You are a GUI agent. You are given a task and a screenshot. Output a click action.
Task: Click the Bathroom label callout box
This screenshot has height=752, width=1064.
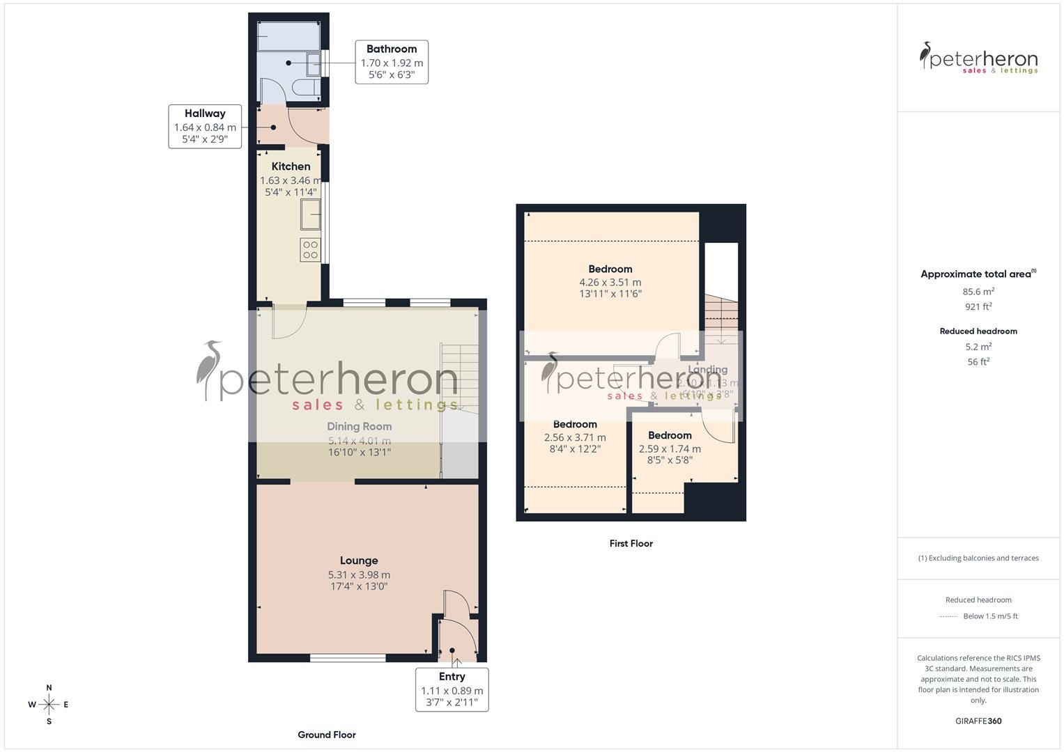pyautogui.click(x=392, y=62)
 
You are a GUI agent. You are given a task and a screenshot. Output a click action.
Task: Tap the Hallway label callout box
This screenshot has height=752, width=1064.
pyautogui.click(x=205, y=126)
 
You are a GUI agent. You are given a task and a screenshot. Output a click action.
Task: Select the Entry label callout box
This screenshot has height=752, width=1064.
pyautogui.click(x=452, y=689)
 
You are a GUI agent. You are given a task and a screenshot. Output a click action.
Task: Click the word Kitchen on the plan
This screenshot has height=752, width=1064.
pyautogui.click(x=291, y=166)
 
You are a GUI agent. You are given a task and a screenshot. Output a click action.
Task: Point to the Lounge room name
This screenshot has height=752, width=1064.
pyautogui.click(x=359, y=561)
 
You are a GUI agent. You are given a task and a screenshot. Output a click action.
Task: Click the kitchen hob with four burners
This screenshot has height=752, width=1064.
pyautogui.click(x=310, y=250)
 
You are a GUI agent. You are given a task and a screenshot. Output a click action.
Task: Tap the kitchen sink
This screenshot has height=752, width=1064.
pyautogui.click(x=310, y=214)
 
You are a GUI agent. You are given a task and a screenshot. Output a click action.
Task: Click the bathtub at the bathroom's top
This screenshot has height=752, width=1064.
pyautogui.click(x=288, y=36)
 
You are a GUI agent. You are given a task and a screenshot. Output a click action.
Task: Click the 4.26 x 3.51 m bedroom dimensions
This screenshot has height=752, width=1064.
pyautogui.click(x=610, y=282)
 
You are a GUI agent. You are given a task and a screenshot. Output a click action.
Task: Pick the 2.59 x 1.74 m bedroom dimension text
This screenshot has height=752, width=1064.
pyautogui.click(x=670, y=449)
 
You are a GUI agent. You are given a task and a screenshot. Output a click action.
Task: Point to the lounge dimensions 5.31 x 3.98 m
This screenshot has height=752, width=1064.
pyautogui.click(x=359, y=575)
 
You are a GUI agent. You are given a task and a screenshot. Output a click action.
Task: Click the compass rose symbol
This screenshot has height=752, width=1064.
pyautogui.click(x=49, y=705)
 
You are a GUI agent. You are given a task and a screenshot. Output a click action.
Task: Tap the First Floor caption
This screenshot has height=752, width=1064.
pyautogui.click(x=631, y=544)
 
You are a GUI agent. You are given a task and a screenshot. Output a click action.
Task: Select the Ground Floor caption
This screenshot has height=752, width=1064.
pyautogui.click(x=327, y=735)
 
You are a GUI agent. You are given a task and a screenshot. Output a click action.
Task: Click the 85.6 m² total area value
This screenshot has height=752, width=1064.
pyautogui.click(x=978, y=292)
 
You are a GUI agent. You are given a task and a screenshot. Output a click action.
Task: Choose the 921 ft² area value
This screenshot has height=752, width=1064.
pyautogui.click(x=978, y=306)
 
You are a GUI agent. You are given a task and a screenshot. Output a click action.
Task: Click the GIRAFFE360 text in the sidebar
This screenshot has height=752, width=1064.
pyautogui.click(x=978, y=721)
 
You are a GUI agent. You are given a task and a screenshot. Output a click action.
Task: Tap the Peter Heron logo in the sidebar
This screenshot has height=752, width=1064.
pyautogui.click(x=978, y=58)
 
